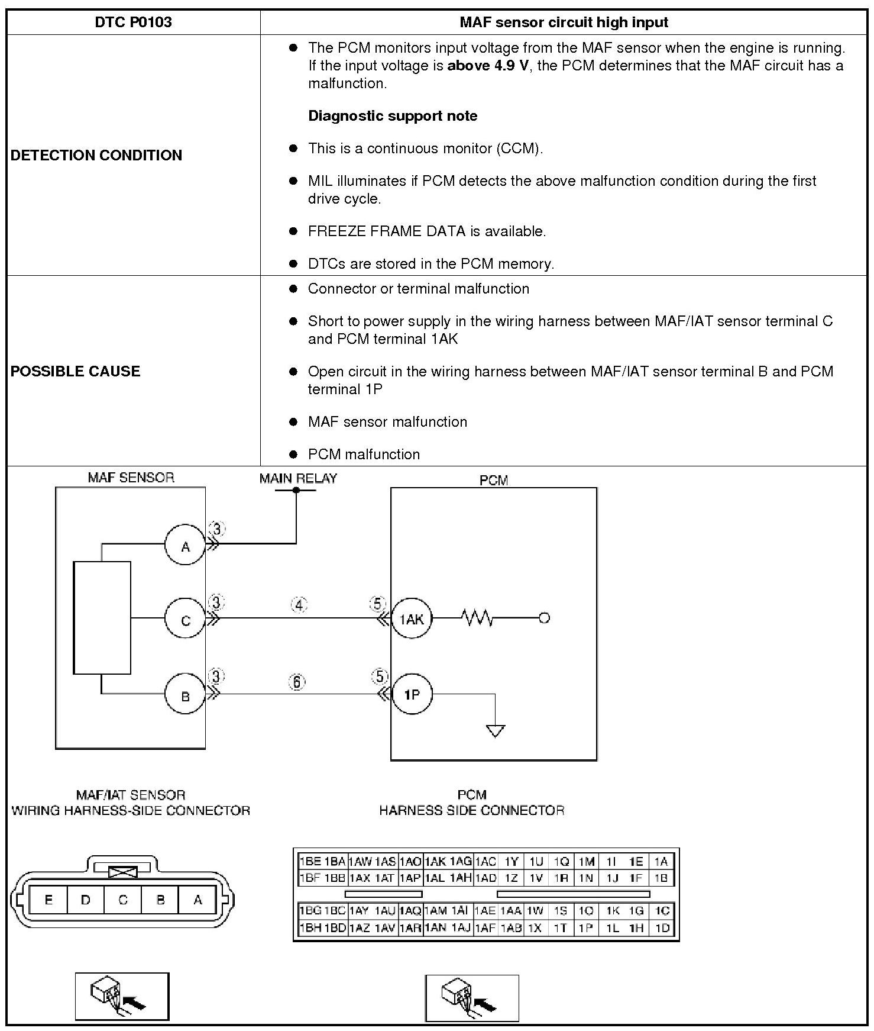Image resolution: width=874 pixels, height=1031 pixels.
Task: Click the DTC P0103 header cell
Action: [133, 22]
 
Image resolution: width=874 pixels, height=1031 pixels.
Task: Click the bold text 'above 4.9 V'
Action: [487, 66]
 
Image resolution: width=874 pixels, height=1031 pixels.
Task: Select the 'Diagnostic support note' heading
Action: [393, 116]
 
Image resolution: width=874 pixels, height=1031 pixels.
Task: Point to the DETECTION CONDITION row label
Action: [96, 156]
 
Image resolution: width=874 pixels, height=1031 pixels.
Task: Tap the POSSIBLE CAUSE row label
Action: [76, 372]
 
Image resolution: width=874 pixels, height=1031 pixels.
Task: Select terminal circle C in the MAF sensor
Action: [185, 620]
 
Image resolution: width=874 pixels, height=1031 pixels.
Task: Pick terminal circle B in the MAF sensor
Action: [185, 695]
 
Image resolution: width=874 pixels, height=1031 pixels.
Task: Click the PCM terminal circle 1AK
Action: [412, 619]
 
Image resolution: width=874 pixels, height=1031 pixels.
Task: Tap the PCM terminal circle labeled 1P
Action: [412, 694]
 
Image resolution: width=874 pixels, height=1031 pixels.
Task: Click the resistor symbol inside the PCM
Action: [477, 618]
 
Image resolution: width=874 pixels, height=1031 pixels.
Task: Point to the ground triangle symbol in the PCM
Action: [495, 731]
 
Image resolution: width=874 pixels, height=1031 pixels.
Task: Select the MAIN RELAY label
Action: [298, 478]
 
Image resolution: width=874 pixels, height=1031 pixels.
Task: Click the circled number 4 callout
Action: [299, 605]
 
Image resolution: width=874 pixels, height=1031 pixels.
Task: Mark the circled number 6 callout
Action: [297, 682]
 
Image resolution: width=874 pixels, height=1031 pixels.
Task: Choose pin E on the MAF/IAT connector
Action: [48, 900]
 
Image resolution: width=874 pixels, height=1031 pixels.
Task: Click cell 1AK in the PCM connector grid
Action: [436, 862]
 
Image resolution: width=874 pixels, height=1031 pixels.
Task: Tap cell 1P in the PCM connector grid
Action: [585, 928]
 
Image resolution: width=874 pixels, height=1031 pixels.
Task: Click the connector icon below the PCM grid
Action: [471, 999]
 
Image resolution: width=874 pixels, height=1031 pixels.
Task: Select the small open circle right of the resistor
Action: [545, 618]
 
